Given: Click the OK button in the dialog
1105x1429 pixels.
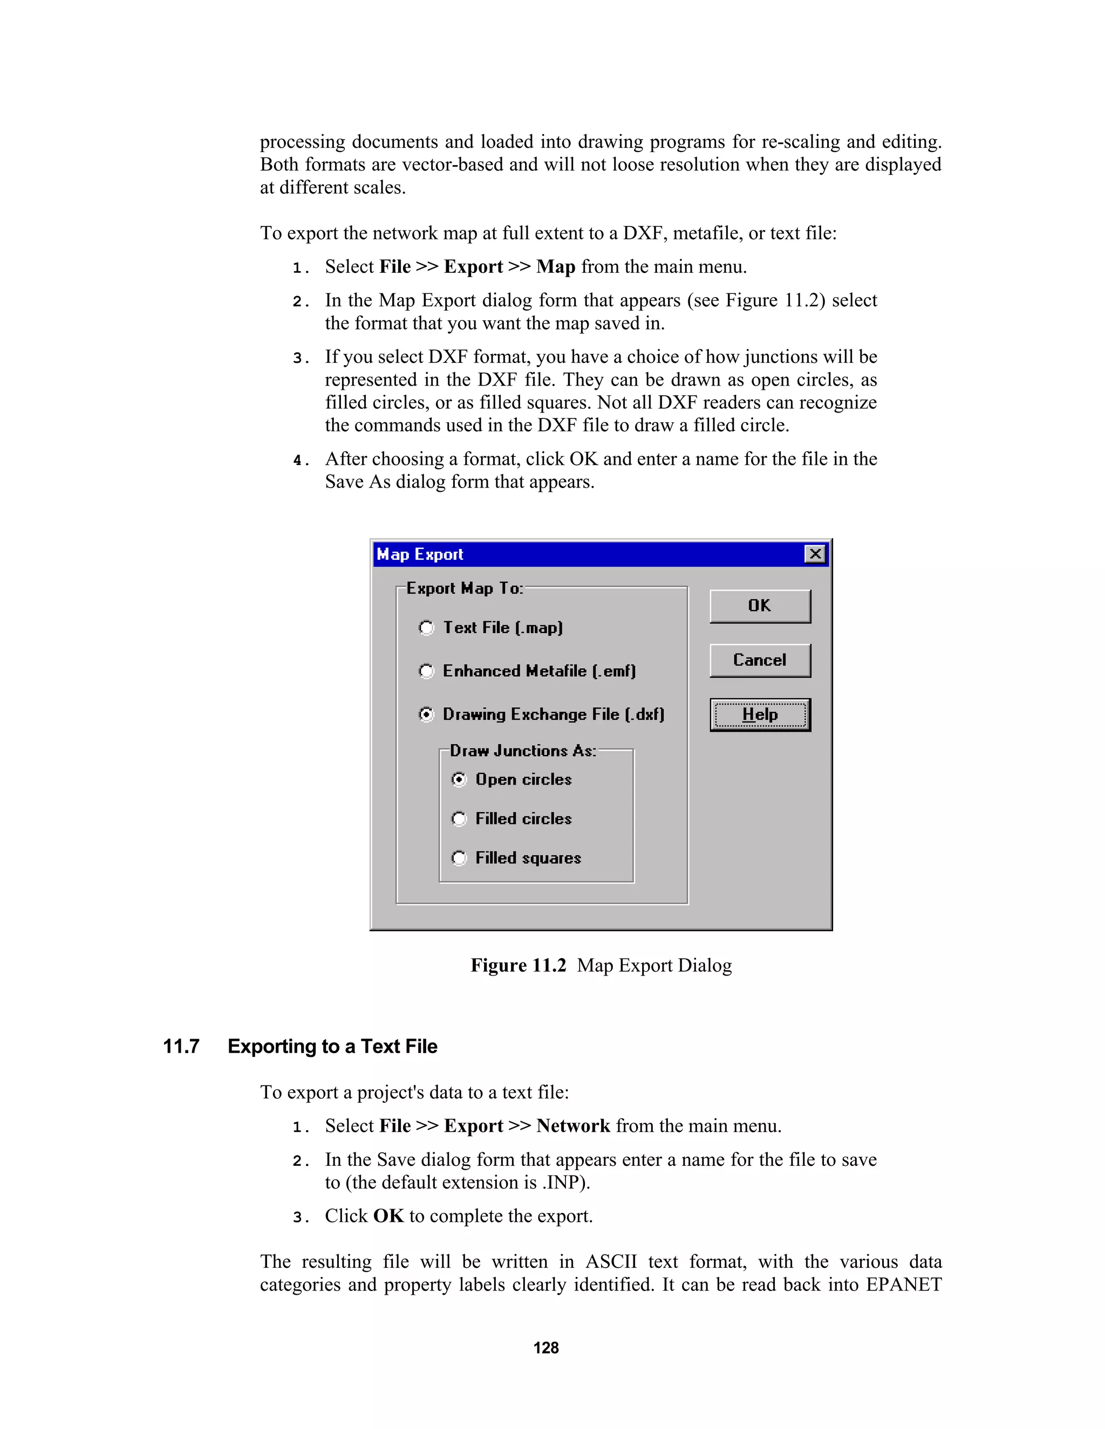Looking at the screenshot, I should (759, 606).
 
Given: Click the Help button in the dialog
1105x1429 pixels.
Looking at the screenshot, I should (759, 714).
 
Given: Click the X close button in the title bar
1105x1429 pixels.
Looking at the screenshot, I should (815, 554).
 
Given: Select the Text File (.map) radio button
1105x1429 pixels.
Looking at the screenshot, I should (426, 628).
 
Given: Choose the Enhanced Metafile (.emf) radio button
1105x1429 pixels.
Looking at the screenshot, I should (426, 671).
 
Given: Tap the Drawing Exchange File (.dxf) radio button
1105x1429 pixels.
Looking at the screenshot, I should (426, 714).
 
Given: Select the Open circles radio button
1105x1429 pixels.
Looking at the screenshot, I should (459, 779).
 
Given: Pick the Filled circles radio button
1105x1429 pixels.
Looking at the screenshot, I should (459, 819).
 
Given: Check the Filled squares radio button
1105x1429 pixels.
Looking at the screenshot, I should (459, 858).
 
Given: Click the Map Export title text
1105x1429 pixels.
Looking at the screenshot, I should (420, 555).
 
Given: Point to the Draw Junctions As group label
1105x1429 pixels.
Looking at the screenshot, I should (522, 751).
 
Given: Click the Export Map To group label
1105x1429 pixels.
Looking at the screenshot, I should (464, 588).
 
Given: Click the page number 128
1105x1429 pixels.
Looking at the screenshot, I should (546, 1348).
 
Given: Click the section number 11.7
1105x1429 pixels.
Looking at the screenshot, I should (181, 1047).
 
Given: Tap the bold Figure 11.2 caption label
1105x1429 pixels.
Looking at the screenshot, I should (518, 966).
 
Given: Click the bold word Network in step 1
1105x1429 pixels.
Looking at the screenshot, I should (573, 1126).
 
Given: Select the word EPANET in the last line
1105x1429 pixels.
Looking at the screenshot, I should (903, 1284).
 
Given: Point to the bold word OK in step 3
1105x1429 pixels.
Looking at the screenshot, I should (388, 1215).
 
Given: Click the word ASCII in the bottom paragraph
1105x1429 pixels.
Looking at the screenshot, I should (610, 1261).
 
